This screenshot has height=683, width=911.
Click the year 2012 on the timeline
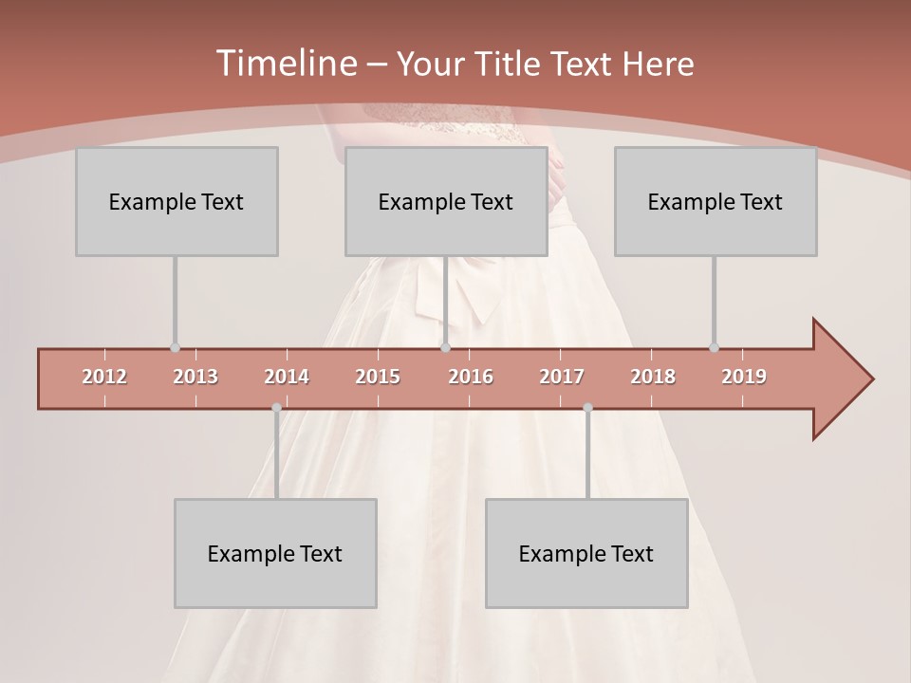[x=104, y=377]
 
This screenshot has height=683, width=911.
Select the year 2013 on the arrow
[x=195, y=377]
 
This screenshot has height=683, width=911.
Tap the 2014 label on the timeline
[x=287, y=377]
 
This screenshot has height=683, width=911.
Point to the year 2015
[x=378, y=377]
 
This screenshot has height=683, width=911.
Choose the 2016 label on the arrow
[x=471, y=377]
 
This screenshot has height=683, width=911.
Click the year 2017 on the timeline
[x=562, y=377]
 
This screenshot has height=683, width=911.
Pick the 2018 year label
[x=653, y=377]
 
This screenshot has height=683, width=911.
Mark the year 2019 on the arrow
[x=744, y=377]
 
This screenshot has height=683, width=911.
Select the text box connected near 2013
[x=177, y=201]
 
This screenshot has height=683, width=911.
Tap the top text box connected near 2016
[x=446, y=201]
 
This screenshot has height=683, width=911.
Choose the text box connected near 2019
[x=716, y=201]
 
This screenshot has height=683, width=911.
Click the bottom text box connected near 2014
[x=275, y=553]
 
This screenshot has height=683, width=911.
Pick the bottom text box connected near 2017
[x=586, y=553]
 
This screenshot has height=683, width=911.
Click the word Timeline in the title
[x=285, y=64]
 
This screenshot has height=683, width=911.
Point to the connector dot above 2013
[x=175, y=348]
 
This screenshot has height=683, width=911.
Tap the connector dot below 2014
[x=276, y=408]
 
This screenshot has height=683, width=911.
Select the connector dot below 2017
[x=587, y=408]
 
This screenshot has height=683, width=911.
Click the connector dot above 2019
[x=714, y=348]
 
